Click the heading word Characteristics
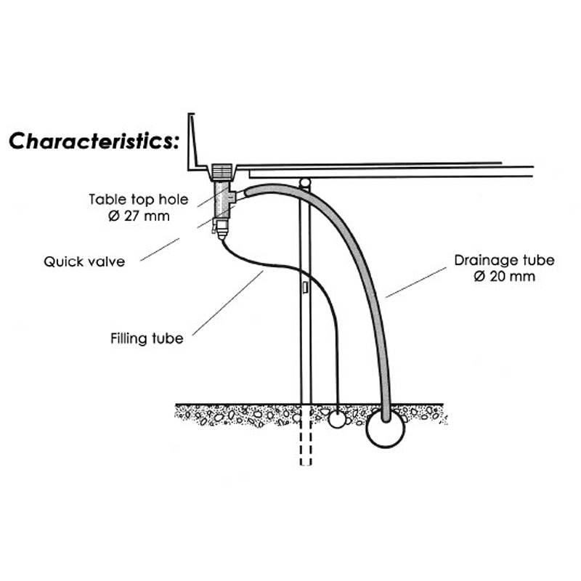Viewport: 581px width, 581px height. point(93,141)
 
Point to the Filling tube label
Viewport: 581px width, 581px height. point(147,338)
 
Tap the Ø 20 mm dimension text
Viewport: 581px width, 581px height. point(504,276)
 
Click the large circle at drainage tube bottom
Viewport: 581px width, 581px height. point(385,430)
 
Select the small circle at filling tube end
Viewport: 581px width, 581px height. point(338,420)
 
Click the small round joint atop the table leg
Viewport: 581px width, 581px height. point(305,182)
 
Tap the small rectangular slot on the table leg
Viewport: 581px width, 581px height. point(305,289)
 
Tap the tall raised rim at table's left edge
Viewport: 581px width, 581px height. point(192,142)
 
